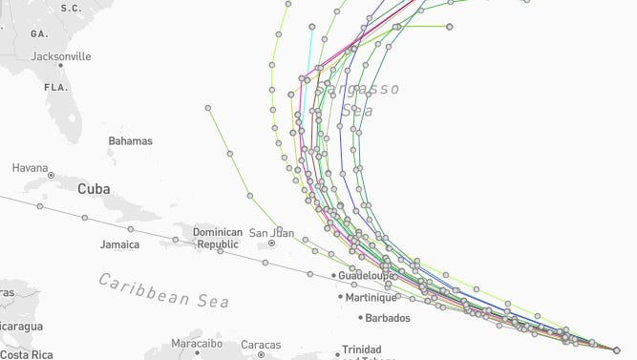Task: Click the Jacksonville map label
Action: tap(61, 56)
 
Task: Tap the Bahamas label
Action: tap(130, 141)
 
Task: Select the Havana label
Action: tap(30, 168)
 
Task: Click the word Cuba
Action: tap(94, 189)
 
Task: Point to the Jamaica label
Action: tap(119, 244)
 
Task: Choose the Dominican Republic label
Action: tap(218, 238)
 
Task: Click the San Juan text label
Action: tap(271, 232)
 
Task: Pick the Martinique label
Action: tap(369, 297)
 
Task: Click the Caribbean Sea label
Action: tap(164, 290)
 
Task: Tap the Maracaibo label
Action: tap(197, 343)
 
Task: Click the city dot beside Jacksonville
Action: tap(60, 67)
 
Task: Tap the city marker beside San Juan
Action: tap(272, 244)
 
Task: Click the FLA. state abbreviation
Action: tap(55, 87)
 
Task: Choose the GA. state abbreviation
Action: tap(39, 33)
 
